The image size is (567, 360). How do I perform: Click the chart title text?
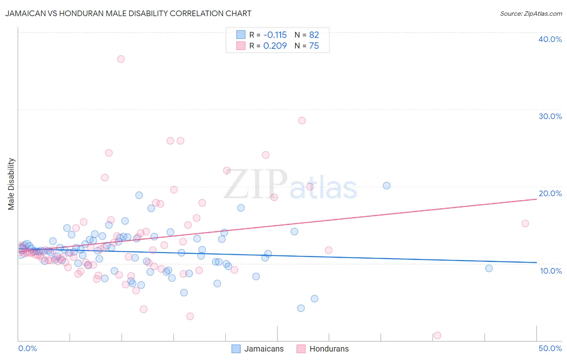(x=128, y=13)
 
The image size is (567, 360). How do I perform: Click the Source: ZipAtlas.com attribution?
(x=531, y=13)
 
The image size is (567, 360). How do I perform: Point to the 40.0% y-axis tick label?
(x=550, y=39)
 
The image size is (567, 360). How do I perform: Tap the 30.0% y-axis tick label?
(x=550, y=116)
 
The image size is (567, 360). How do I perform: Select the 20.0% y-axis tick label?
(x=550, y=193)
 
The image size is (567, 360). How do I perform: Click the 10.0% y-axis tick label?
(x=550, y=271)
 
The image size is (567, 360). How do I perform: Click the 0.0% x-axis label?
(x=27, y=348)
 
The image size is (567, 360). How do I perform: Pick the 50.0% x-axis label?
(x=550, y=348)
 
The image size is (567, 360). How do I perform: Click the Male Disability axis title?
(x=11, y=184)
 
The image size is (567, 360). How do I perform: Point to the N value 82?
(x=314, y=35)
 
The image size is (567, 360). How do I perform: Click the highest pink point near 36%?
(x=121, y=59)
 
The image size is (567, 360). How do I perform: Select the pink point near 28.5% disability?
(x=302, y=121)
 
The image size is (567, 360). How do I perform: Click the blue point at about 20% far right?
(x=386, y=186)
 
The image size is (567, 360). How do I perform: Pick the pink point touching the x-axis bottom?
(x=437, y=335)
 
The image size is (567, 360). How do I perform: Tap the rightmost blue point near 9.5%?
(x=489, y=268)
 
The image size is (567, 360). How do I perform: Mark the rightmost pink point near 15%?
(x=525, y=224)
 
